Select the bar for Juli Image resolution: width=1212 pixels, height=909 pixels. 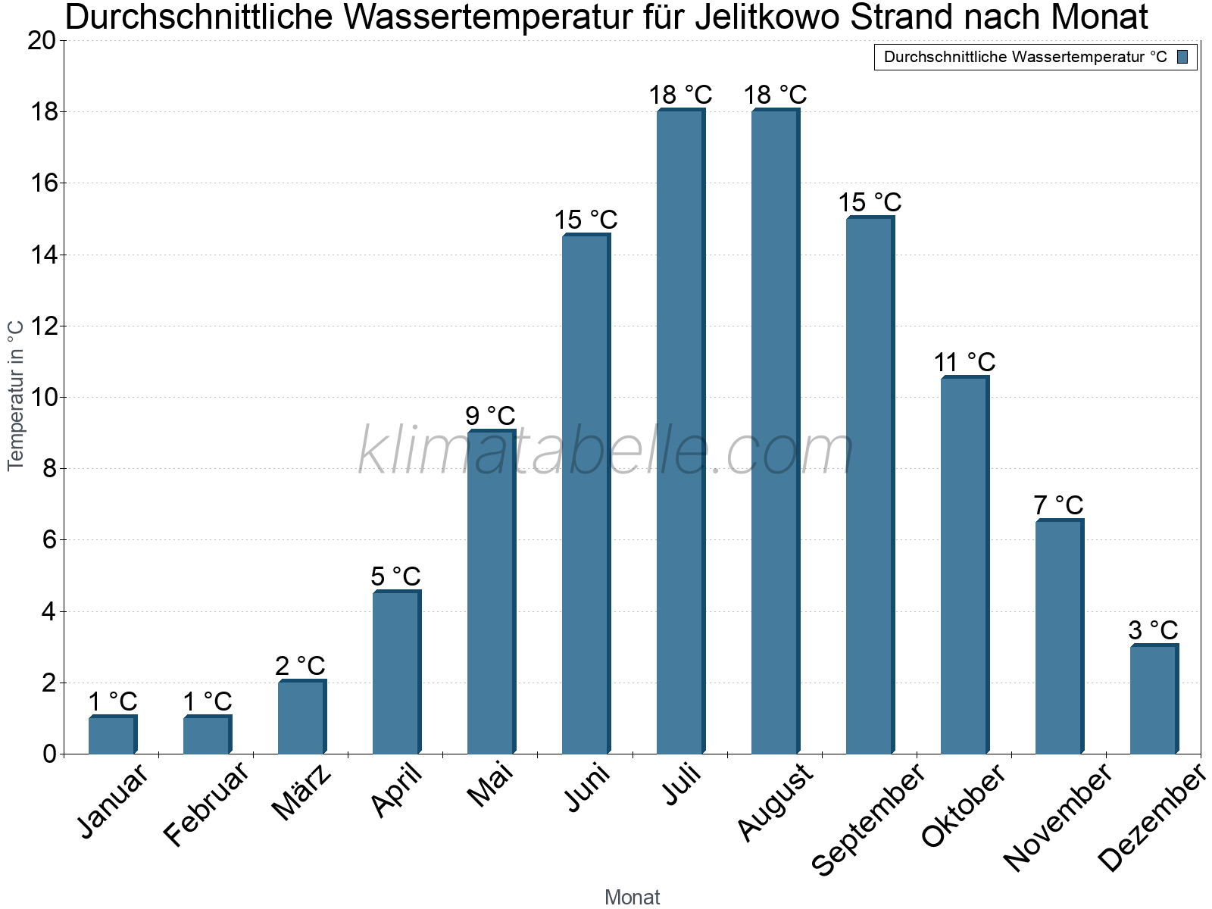point(680,432)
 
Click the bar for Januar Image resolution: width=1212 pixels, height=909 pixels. point(112,735)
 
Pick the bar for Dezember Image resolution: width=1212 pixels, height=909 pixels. point(1154,699)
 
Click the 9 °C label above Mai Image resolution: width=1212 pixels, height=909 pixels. point(490,416)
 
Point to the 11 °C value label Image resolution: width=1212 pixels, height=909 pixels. point(964,362)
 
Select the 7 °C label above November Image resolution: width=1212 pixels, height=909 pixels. point(1058,504)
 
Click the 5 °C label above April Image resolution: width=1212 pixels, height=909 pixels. point(395,576)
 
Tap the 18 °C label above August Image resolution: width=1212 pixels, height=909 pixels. point(775,95)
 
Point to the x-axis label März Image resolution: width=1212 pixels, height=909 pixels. point(302,792)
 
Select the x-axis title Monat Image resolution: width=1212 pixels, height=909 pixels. point(632,898)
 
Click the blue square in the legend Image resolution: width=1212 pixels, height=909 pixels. point(1183,57)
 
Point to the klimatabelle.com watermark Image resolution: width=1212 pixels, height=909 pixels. point(606,451)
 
